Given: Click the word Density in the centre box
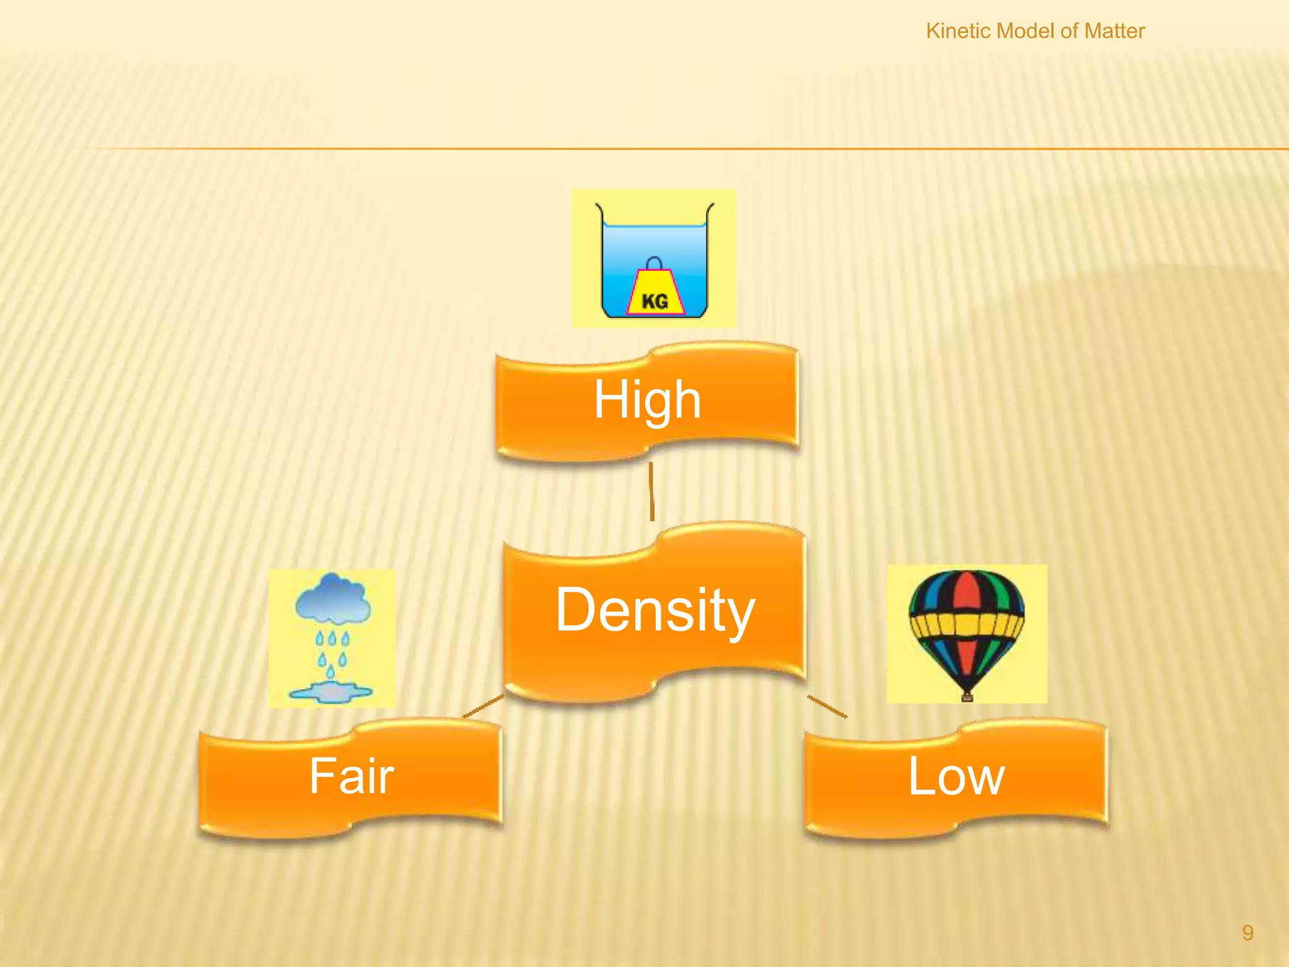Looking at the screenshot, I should coord(655,609).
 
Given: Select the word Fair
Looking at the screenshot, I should coord(351,776).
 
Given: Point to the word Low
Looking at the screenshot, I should coord(955,776).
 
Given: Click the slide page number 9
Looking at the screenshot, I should coord(1247,932).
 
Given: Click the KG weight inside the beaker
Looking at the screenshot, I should coord(655,293).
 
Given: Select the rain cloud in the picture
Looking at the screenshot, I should coord(332,597).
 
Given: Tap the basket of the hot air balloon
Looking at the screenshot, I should coord(967,696).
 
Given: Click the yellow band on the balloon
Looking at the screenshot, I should coord(967,625).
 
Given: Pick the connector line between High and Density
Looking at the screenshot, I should coord(651,492).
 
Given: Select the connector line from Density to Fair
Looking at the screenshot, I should coord(483,706).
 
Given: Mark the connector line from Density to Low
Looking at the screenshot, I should coord(827,706).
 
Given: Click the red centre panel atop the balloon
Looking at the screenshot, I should coord(967,592).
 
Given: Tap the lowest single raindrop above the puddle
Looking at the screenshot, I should coord(330,672).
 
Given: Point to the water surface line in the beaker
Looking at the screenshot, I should coord(655,225).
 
